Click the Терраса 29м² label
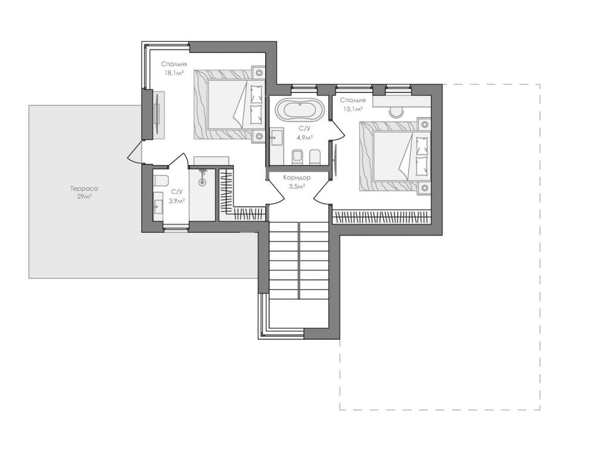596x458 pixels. pyautogui.click(x=84, y=192)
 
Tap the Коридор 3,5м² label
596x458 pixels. pyautogui.click(x=297, y=182)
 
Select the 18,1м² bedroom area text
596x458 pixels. pyautogui.click(x=173, y=69)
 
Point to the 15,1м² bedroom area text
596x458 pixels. pyautogui.click(x=353, y=104)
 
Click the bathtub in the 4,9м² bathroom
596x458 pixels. pyautogui.click(x=300, y=109)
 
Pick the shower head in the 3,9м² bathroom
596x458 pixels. pyautogui.click(x=203, y=177)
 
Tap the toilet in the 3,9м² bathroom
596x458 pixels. pyautogui.click(x=160, y=181)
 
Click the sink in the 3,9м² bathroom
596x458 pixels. pyautogui.click(x=158, y=206)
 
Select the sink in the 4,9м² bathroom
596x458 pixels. pyautogui.click(x=276, y=138)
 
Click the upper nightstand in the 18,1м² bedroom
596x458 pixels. pyautogui.click(x=259, y=72)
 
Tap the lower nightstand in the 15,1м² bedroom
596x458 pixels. pyautogui.click(x=424, y=188)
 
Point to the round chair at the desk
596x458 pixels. pyautogui.click(x=397, y=113)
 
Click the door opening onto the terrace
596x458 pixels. pyautogui.click(x=135, y=152)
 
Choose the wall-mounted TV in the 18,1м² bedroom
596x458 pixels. pyautogui.click(x=157, y=114)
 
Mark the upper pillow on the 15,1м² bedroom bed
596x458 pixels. pyautogui.click(x=423, y=145)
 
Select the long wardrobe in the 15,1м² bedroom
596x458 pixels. pyautogui.click(x=382, y=218)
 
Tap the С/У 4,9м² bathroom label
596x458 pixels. pyautogui.click(x=305, y=132)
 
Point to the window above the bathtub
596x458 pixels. pyautogui.click(x=304, y=89)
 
